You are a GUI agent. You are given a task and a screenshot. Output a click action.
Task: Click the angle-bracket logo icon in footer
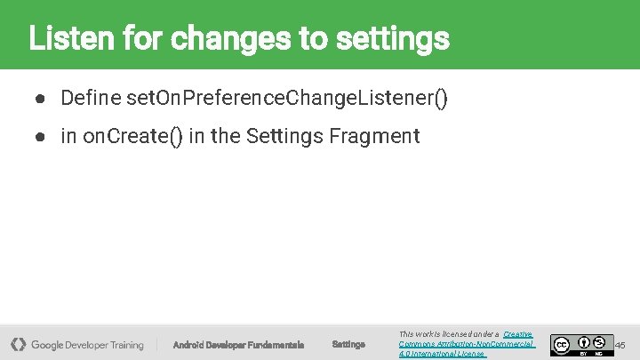click(18, 344)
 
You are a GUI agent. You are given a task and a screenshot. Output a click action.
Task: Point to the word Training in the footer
click(127, 345)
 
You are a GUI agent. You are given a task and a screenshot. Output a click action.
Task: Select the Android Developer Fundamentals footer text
click(238, 345)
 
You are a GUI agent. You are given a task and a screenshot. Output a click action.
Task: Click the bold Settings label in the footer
click(348, 345)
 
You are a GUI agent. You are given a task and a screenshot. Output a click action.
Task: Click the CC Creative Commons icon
click(561, 344)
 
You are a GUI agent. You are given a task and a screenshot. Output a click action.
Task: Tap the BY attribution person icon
click(584, 341)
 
